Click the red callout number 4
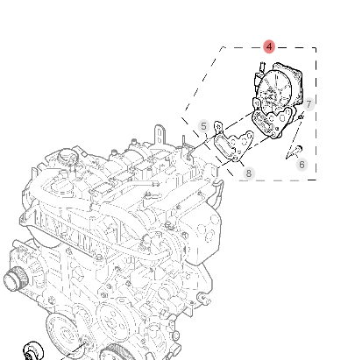(x=269, y=46)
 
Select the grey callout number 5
(x=203, y=126)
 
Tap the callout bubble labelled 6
(x=302, y=165)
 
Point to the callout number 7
(x=309, y=104)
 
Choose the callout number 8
(x=248, y=173)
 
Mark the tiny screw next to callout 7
(x=301, y=117)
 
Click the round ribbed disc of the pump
(x=274, y=88)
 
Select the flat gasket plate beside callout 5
(x=233, y=142)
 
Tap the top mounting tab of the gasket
(x=218, y=126)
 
